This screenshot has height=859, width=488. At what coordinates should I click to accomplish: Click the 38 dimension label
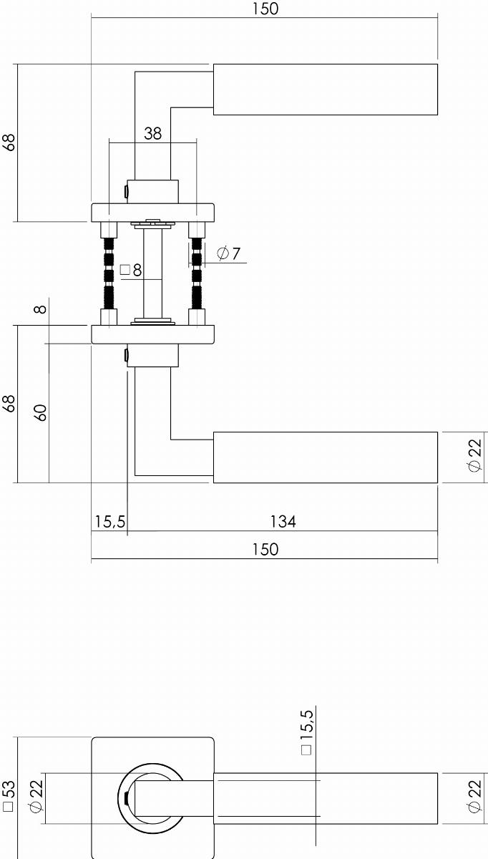[152, 133]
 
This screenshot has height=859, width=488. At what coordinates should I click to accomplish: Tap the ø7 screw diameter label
[228, 253]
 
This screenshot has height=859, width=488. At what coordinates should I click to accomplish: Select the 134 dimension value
[283, 522]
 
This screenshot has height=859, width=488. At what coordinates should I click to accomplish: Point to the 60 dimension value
[41, 412]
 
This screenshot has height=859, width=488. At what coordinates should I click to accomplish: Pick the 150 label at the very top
[265, 9]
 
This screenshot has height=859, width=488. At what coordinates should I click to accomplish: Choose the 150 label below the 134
[265, 550]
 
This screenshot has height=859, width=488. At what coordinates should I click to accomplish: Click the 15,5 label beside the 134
[109, 522]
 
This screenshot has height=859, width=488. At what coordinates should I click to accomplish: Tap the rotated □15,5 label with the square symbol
[307, 733]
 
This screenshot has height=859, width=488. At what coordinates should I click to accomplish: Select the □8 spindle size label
[131, 271]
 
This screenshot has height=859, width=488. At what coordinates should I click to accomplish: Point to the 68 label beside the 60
[9, 404]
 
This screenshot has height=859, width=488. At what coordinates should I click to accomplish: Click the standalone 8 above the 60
[41, 309]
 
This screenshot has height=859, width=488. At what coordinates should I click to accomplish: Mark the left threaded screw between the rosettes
[109, 273]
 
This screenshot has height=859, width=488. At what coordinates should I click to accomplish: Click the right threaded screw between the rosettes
[197, 273]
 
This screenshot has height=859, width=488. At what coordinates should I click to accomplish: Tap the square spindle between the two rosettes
[152, 273]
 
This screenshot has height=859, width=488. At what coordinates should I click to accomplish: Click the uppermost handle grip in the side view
[325, 89]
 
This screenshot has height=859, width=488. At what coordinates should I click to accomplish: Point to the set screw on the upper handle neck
[126, 192]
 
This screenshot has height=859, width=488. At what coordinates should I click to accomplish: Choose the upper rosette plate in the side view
[152, 213]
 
